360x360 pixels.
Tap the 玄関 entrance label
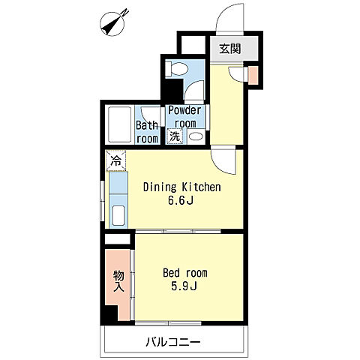(230, 49)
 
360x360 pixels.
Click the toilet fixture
(177, 68)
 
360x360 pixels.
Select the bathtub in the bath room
(119, 124)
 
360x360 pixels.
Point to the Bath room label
(148, 132)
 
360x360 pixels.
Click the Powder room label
(185, 117)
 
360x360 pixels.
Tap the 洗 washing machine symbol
(175, 136)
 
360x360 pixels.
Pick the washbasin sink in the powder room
(196, 136)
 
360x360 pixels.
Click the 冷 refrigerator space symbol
(115, 160)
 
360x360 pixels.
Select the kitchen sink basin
(118, 215)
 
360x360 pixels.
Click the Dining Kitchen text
(182, 187)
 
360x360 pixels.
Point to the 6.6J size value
(181, 200)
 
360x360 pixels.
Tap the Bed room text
(185, 273)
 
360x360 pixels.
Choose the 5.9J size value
(184, 286)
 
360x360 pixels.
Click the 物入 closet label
(118, 281)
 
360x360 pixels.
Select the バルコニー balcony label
(173, 342)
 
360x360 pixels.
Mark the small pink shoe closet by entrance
(253, 75)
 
